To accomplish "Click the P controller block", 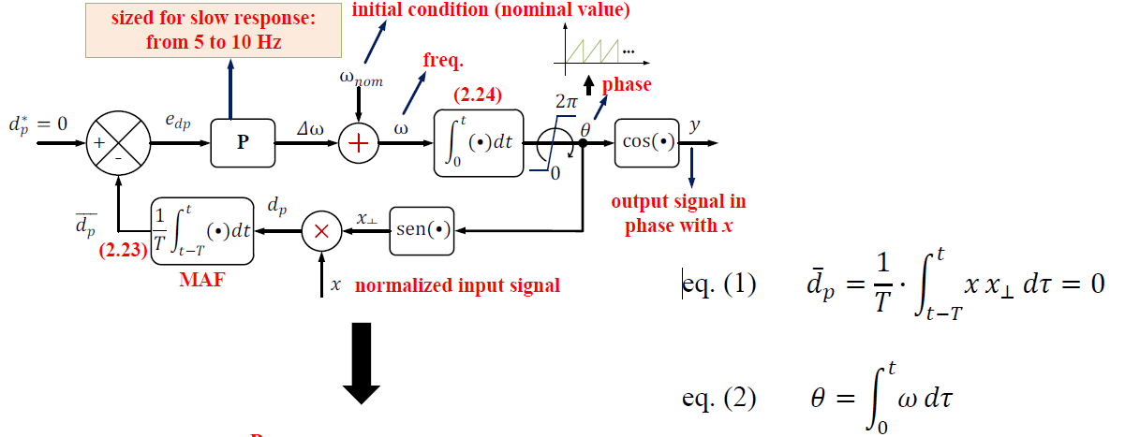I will (243, 144).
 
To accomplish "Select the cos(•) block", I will (647, 143).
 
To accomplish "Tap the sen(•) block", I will (422, 229).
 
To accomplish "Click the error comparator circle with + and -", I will (119, 144).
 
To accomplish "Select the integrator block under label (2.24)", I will (478, 142).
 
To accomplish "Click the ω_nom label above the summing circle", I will (360, 79).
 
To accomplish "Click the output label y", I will (694, 124).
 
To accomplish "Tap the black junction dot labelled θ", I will (583, 143).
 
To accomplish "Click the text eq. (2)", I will (719, 397).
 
